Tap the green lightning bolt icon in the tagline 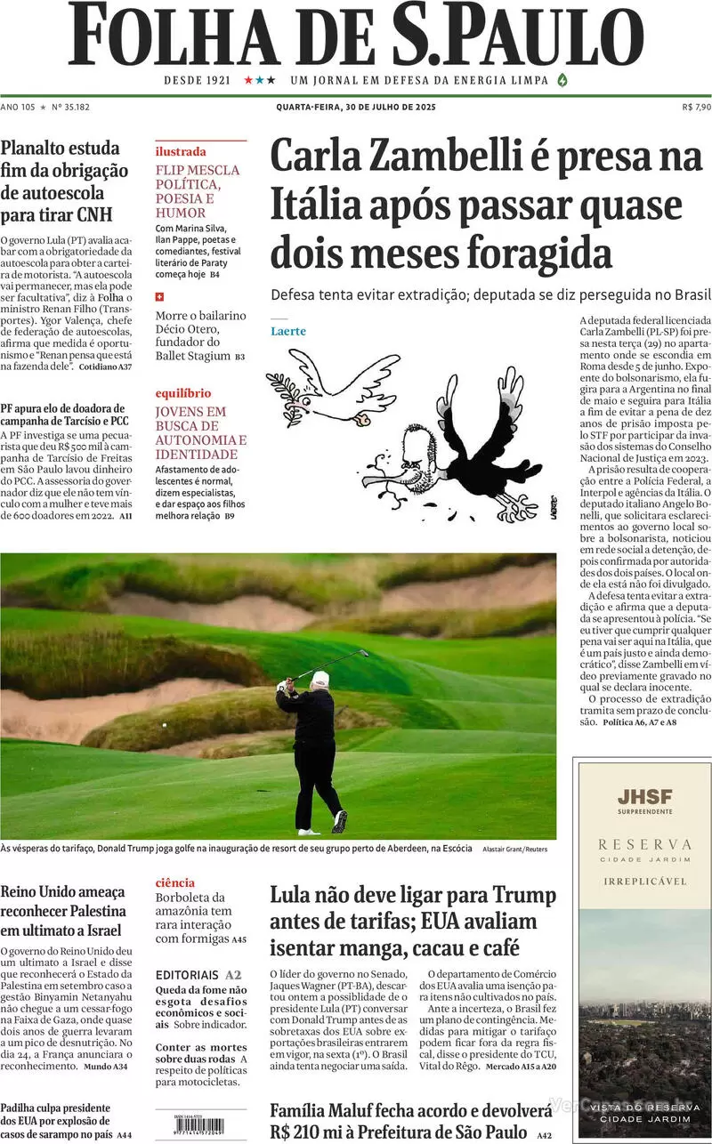click(x=562, y=80)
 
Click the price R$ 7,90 click(x=695, y=107)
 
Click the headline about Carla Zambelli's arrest click(x=486, y=205)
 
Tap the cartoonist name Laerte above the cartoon click(x=288, y=331)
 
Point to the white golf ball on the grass click(x=164, y=725)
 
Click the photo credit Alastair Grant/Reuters click(x=514, y=850)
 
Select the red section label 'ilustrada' click(x=181, y=151)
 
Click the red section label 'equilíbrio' click(x=183, y=392)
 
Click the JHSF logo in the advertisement click(x=645, y=797)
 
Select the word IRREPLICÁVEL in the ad click(x=645, y=882)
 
